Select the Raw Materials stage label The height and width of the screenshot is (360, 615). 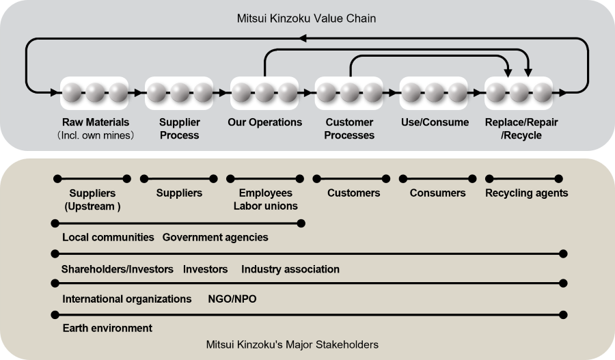(95, 123)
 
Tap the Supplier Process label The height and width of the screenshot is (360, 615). (180, 128)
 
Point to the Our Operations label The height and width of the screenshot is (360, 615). (264, 123)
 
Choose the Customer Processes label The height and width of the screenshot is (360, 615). (349, 128)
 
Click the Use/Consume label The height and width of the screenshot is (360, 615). (435, 123)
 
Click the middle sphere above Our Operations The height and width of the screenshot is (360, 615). (264, 92)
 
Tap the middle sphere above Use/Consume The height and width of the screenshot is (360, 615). (435, 92)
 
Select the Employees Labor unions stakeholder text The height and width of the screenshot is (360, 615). (265, 199)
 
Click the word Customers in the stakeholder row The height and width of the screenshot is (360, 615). (353, 193)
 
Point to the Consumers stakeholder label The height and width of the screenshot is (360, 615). (437, 193)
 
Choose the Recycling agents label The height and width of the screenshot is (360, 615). (526, 193)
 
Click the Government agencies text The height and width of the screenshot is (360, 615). (215, 238)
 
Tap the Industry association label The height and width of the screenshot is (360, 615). (290, 269)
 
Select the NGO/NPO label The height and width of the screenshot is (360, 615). (232, 299)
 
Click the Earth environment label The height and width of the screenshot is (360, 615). (107, 329)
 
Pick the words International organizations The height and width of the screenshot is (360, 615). (127, 299)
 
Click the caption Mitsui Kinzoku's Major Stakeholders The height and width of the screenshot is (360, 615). (292, 344)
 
